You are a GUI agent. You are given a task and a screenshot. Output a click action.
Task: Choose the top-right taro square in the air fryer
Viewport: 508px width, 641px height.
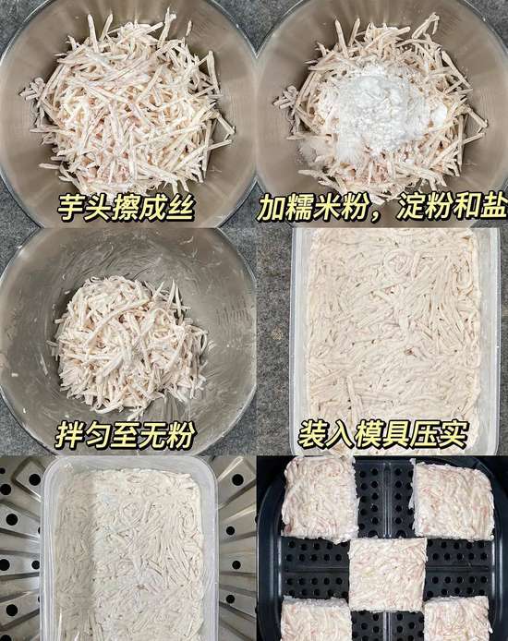(452, 500)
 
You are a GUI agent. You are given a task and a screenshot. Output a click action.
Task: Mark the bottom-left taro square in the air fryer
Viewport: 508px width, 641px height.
(317, 620)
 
